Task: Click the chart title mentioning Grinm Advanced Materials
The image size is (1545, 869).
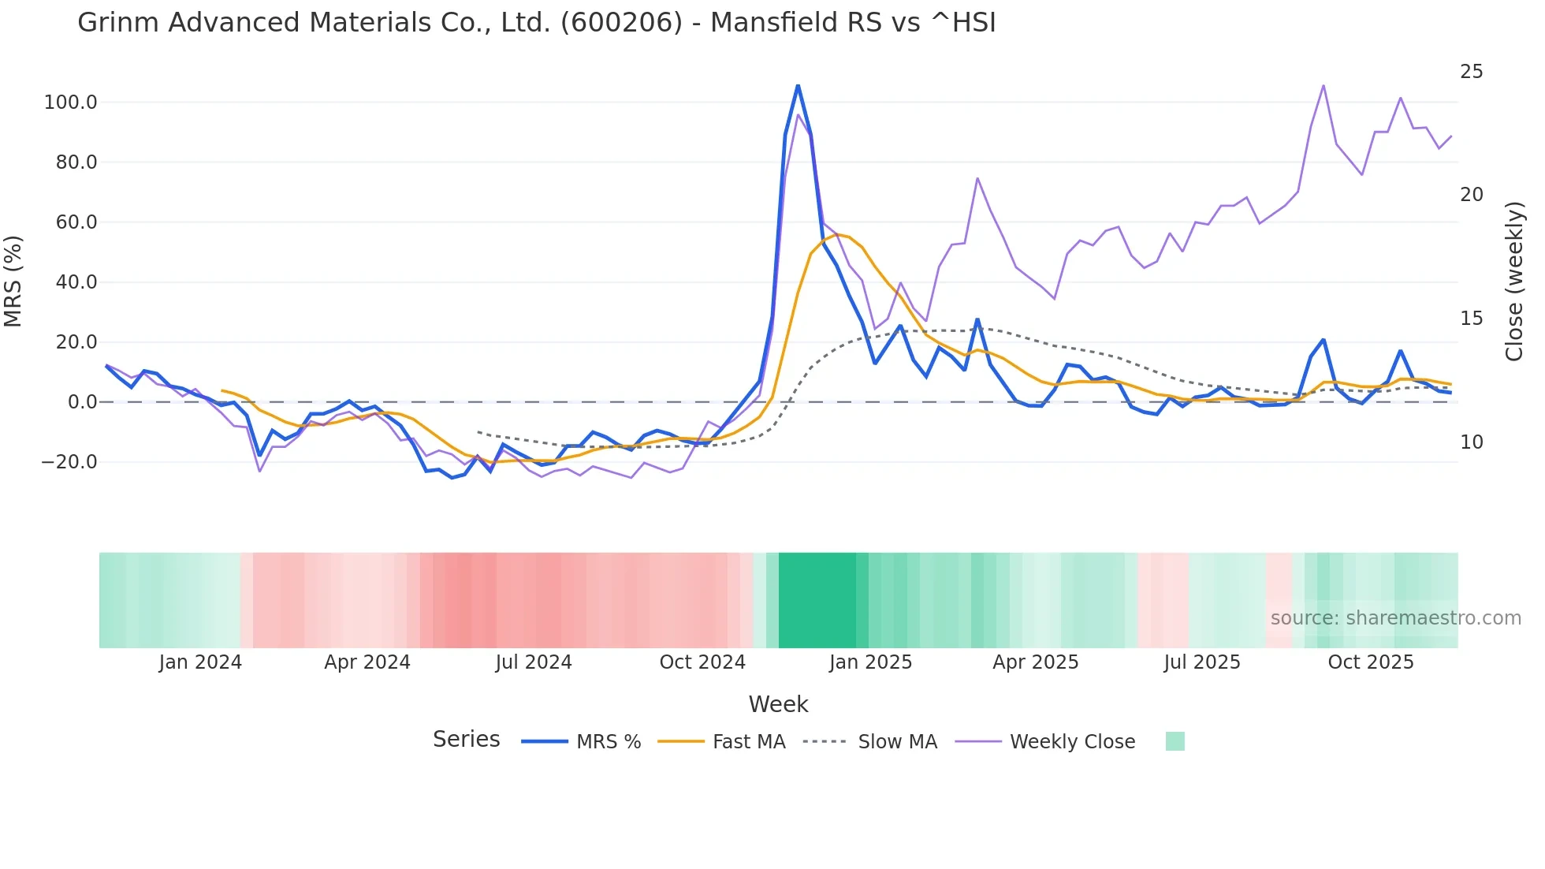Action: [536, 23]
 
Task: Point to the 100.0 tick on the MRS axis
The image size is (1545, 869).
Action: [70, 103]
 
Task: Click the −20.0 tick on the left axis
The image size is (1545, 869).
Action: [69, 462]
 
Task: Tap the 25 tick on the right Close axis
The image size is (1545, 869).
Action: [1471, 72]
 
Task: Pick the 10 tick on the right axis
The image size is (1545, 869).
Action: [1471, 442]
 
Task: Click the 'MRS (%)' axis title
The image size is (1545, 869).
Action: [13, 282]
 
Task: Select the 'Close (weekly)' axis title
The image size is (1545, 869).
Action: [1513, 282]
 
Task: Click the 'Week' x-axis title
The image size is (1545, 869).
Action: [778, 704]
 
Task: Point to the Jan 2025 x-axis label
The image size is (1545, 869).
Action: [870, 662]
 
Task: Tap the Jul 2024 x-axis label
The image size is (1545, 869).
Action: [534, 662]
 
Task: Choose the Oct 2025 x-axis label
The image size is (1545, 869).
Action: [1371, 662]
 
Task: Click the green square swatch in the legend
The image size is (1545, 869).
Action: [1175, 741]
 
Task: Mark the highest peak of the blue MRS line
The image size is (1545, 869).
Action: [798, 85]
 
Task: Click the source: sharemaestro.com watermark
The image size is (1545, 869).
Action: [1395, 618]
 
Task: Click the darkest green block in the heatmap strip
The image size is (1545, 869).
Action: [817, 600]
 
